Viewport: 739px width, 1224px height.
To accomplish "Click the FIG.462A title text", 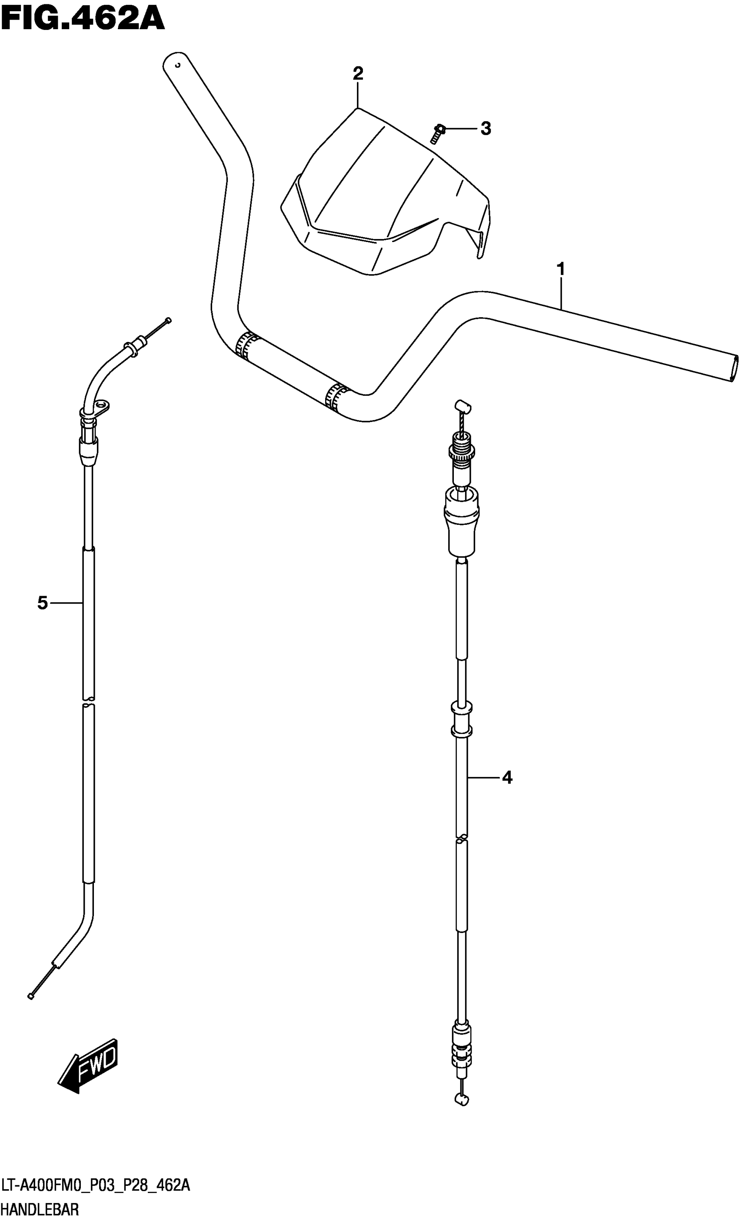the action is [x=83, y=19].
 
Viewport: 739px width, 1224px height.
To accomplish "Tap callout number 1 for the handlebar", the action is [x=561, y=270].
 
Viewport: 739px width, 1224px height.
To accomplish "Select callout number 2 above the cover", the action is [x=358, y=74].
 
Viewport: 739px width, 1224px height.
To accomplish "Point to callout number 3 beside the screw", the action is [x=486, y=129].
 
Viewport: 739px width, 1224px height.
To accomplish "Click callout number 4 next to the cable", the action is [x=507, y=777].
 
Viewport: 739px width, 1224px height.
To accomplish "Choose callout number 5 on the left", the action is [x=43, y=603].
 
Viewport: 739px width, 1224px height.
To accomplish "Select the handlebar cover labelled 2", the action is [x=386, y=192].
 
